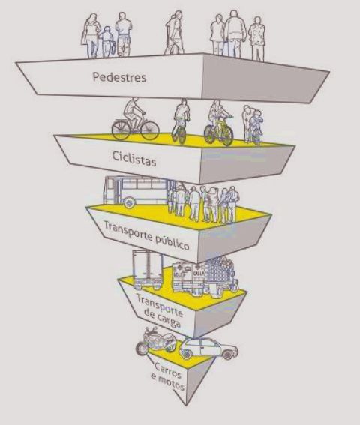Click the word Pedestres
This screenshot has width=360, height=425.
point(119,77)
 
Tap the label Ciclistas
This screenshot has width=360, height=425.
point(134,159)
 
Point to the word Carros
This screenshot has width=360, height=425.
point(168,370)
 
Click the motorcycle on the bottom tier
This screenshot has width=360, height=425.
point(155,341)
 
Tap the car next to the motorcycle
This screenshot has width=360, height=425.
point(208,349)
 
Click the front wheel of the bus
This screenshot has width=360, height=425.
point(130,202)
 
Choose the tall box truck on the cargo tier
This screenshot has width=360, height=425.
point(148,269)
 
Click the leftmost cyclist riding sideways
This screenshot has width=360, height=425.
point(135,119)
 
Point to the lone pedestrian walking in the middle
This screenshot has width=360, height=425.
point(175,32)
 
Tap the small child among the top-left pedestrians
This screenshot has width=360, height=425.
point(106,41)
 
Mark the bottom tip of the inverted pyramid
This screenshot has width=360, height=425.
point(186,406)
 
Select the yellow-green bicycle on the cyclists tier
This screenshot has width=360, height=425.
point(219,131)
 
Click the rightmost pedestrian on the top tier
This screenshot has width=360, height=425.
point(257,39)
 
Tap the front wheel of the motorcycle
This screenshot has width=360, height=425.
point(142,349)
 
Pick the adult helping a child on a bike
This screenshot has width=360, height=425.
point(247,124)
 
